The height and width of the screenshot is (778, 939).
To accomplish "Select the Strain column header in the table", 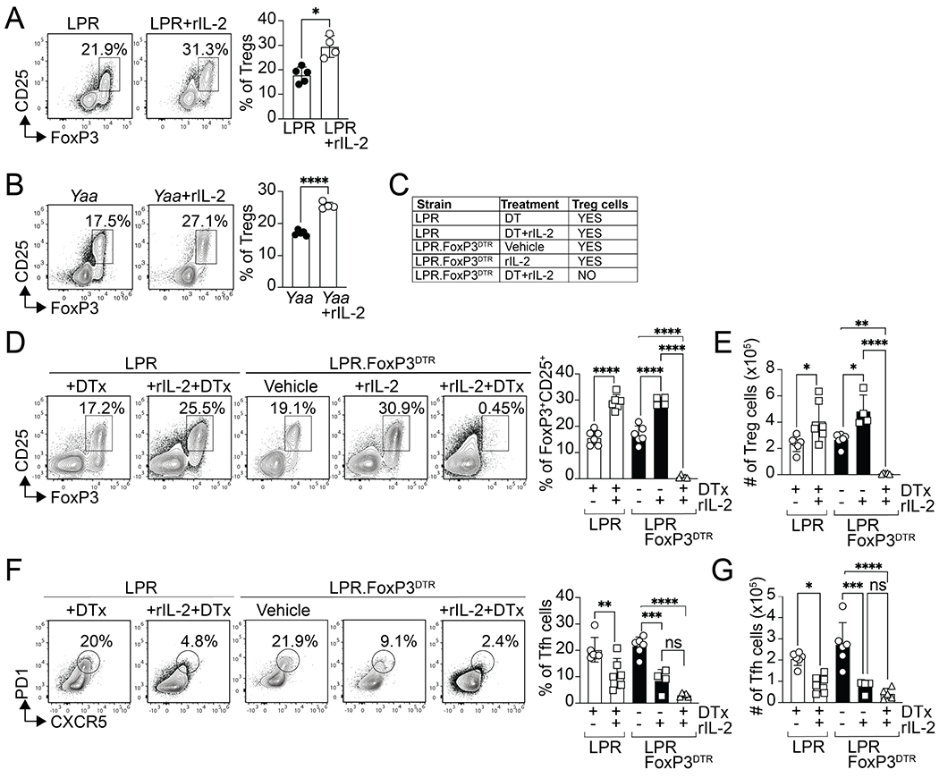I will (432, 205).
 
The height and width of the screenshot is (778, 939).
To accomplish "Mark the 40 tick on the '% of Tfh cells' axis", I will (563, 595).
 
